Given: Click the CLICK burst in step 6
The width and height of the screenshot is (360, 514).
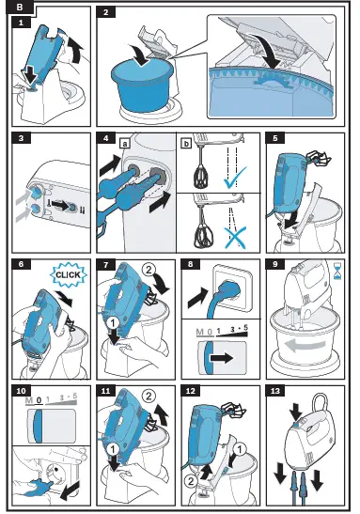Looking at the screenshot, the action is click(x=69, y=274).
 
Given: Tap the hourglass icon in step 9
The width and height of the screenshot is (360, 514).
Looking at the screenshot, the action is click(x=337, y=271).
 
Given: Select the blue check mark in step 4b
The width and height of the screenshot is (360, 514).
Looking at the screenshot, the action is click(x=235, y=178).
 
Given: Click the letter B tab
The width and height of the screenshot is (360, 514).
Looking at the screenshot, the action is click(x=20, y=7).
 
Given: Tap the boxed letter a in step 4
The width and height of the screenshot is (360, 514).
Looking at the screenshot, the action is click(x=125, y=143).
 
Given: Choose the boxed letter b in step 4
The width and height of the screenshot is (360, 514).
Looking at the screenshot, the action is click(x=186, y=143).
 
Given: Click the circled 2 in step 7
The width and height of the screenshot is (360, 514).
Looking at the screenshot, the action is click(x=149, y=270).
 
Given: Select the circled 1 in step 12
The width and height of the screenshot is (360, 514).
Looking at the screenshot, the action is click(x=239, y=449).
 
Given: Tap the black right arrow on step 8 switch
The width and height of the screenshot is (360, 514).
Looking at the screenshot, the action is click(x=222, y=358).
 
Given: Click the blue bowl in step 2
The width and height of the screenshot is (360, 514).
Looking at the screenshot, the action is click(x=142, y=85).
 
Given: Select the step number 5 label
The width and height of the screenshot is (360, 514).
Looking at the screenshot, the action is click(x=275, y=138).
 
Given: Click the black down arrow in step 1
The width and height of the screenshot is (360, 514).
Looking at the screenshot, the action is click(x=31, y=77).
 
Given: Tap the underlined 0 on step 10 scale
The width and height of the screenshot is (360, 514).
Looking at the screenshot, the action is click(x=39, y=400).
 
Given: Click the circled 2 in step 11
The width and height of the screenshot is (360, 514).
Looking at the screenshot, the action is click(x=149, y=396).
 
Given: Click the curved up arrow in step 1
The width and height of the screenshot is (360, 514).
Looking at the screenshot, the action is click(x=76, y=48).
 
